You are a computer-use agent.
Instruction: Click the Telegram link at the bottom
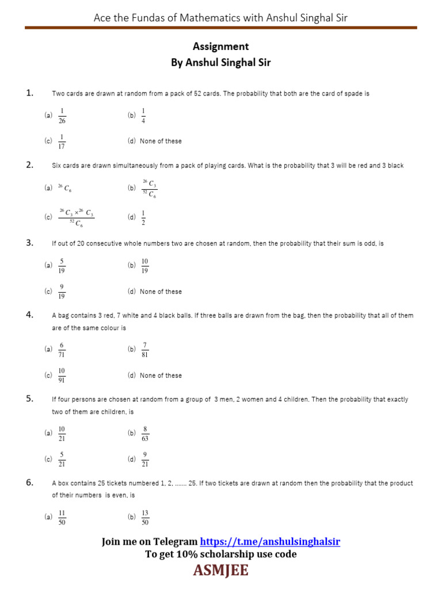point(270,542)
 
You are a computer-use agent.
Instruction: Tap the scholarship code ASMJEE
point(221,571)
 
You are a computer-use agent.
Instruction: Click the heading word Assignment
point(221,47)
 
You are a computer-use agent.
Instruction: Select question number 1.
point(30,93)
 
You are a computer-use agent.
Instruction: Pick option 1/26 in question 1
point(62,115)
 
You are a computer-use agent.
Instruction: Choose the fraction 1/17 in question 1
point(62,141)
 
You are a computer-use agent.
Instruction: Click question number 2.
point(30,165)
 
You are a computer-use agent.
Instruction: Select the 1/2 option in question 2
point(143,217)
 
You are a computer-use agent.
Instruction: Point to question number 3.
point(30,243)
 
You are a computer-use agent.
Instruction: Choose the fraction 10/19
point(145,265)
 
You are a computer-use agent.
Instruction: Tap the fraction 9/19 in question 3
point(62,292)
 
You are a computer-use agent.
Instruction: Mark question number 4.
point(30,315)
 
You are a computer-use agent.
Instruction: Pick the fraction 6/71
point(62,349)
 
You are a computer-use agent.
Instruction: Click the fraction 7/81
point(145,349)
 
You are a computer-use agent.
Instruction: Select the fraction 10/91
point(62,375)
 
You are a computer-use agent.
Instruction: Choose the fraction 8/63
point(145,433)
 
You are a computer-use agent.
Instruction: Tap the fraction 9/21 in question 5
point(145,459)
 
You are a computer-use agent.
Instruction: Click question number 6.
point(30,483)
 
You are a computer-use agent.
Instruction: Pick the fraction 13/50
point(145,517)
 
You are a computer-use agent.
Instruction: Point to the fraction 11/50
point(62,517)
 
